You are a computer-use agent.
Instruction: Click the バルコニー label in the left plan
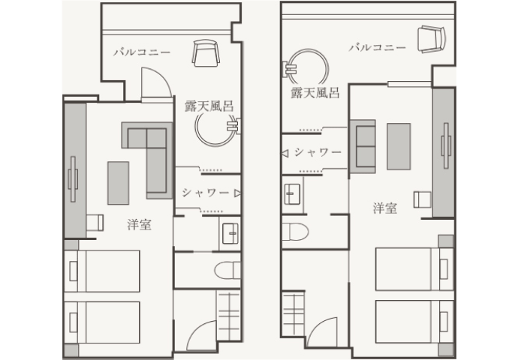142,52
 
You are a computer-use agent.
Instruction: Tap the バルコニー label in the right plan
378,47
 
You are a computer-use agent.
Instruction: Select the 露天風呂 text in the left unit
209,106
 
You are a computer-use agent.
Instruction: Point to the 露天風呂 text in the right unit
315,93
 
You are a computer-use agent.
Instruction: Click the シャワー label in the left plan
206,192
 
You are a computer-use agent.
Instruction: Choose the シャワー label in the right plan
318,152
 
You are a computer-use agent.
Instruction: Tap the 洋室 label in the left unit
140,224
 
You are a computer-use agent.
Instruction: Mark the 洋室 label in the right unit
385,208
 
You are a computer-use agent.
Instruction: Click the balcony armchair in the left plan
206,52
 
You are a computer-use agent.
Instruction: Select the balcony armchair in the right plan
432,39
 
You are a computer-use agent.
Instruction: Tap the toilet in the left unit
228,271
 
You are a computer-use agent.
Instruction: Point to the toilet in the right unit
295,231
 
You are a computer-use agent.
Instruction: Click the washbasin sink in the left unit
230,233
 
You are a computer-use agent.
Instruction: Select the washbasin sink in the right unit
292,194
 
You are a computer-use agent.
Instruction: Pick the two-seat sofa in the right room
363,146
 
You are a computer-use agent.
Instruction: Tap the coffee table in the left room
118,183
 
